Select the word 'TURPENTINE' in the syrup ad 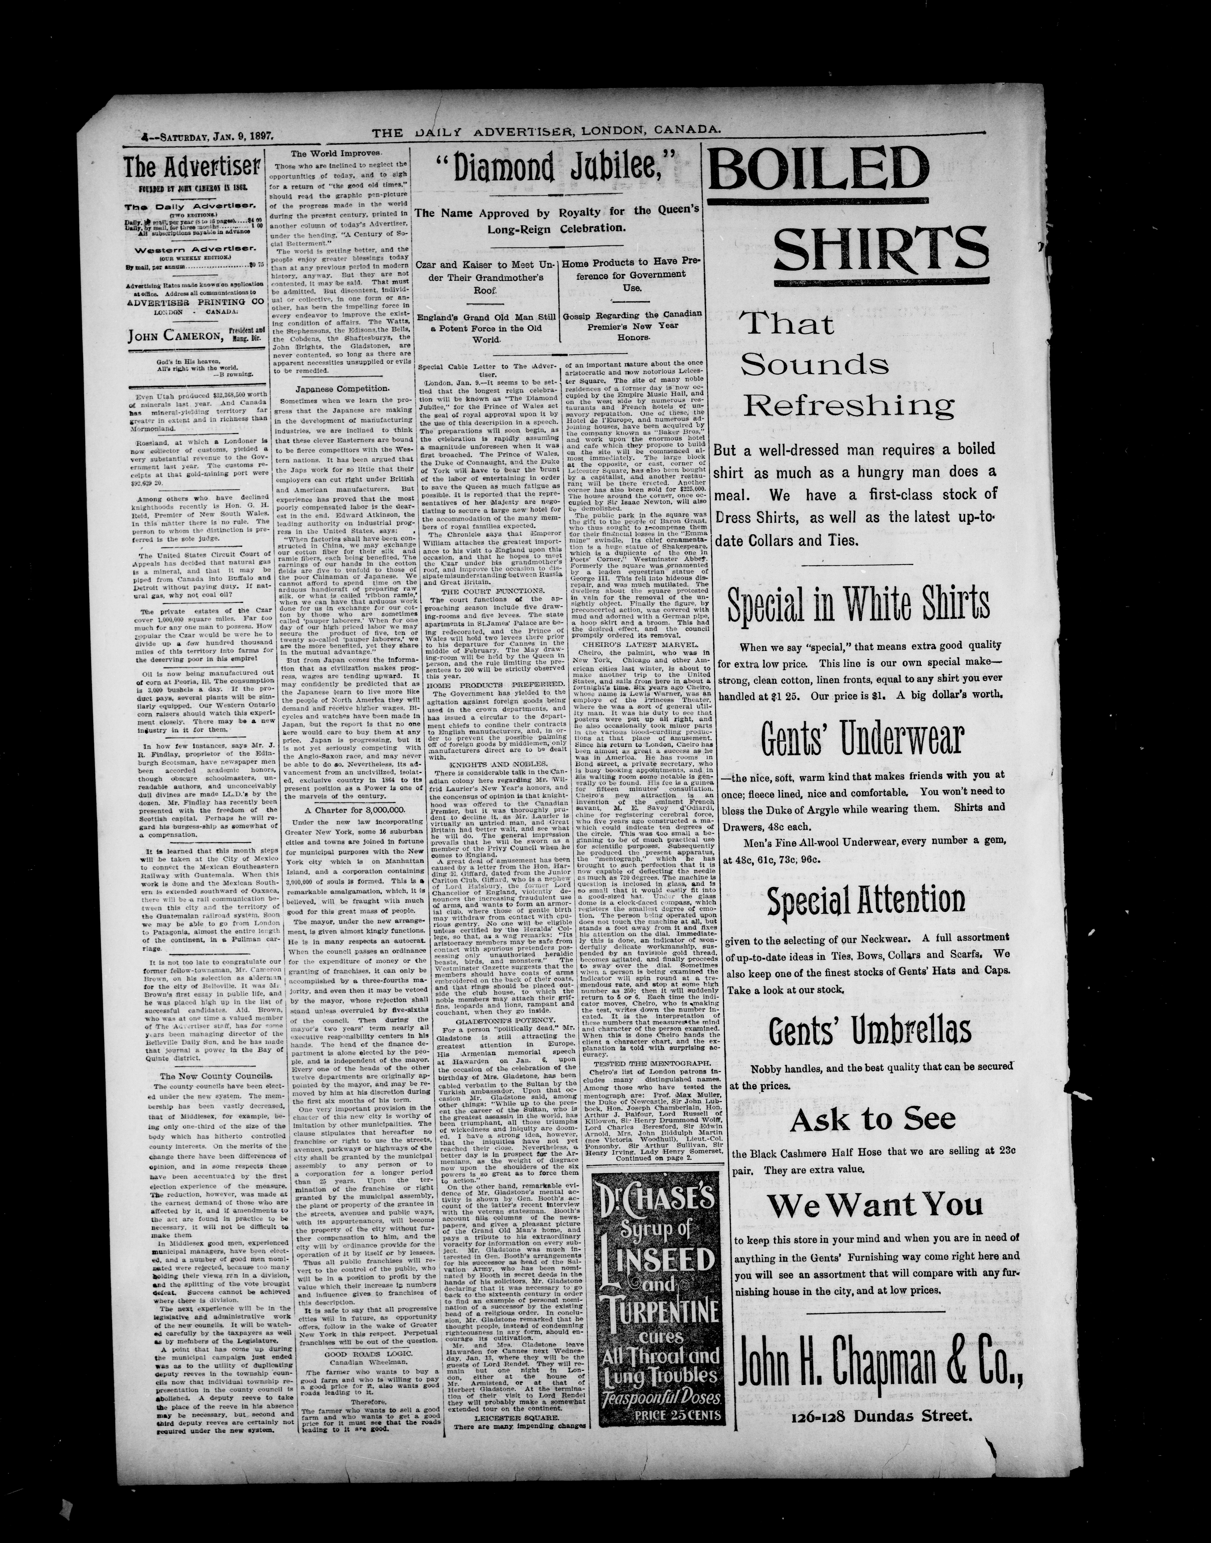(659, 1310)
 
